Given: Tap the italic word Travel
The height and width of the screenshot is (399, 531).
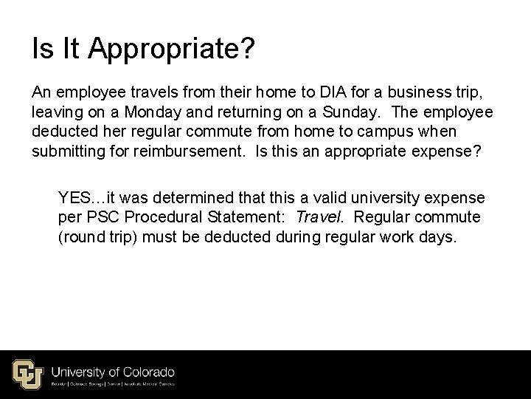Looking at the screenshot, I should [x=313, y=218].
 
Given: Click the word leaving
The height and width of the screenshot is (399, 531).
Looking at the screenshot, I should [x=56, y=112].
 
